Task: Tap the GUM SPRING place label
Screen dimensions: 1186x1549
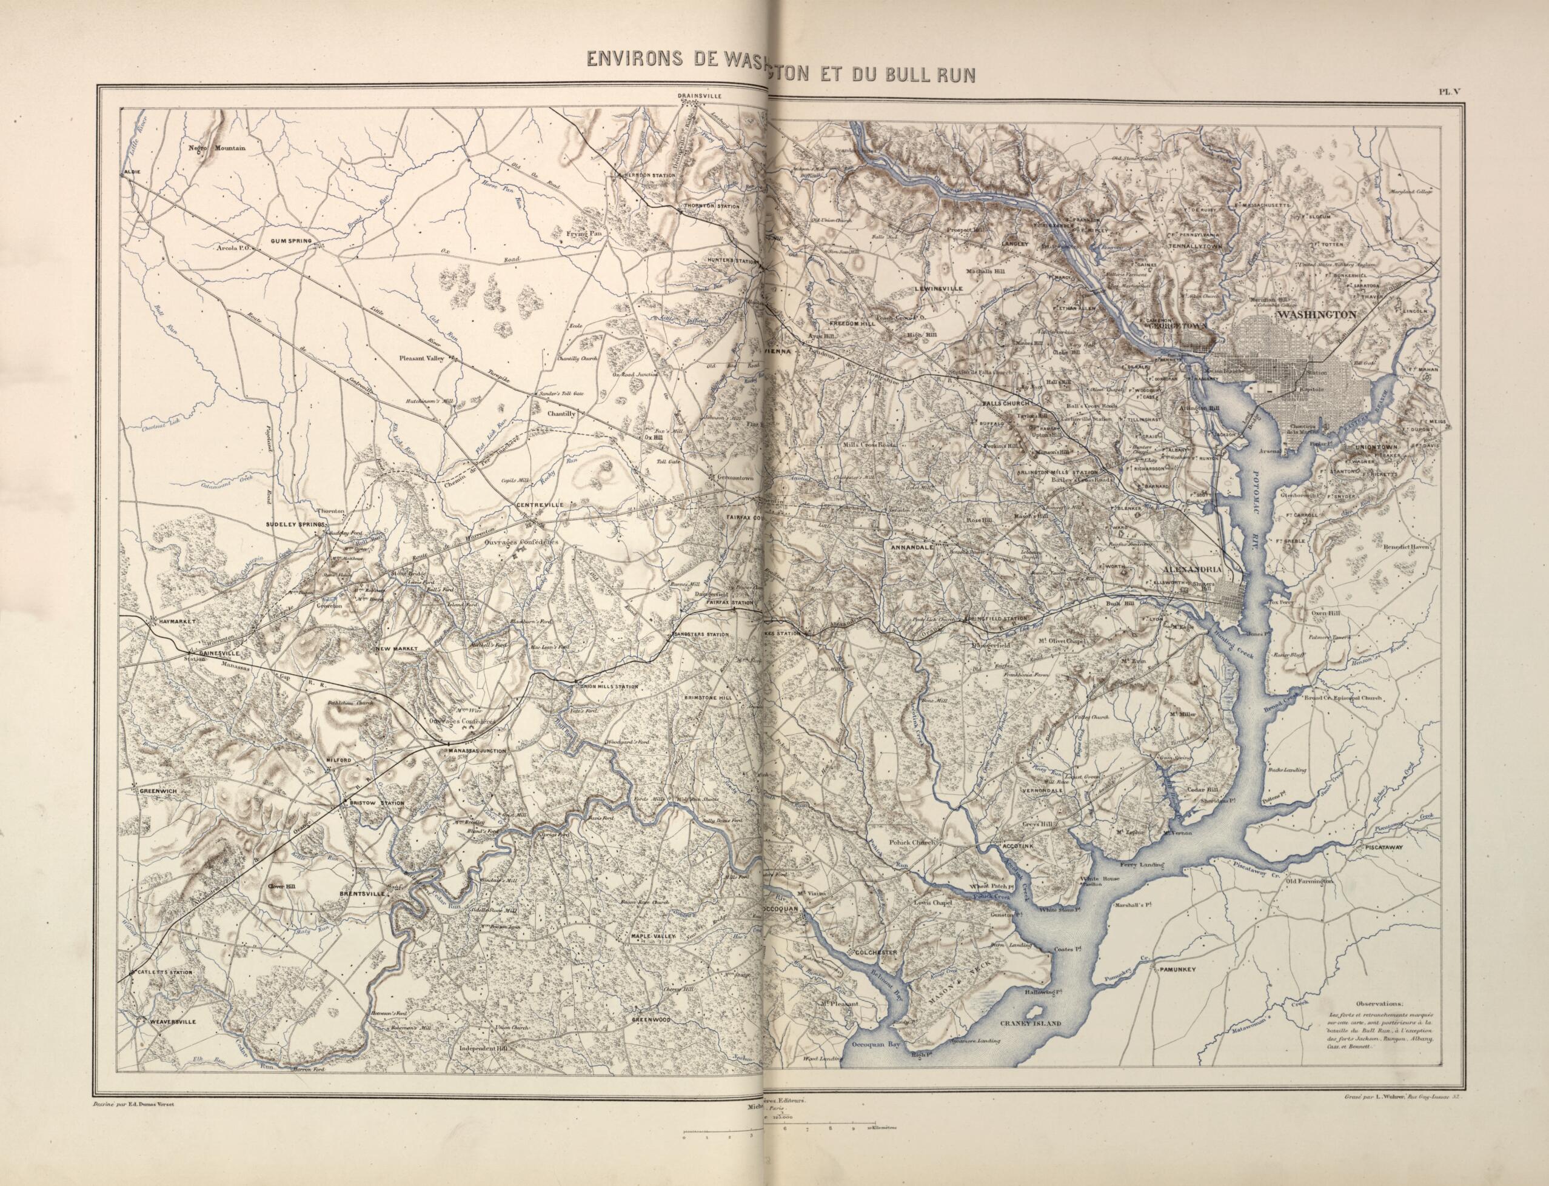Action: click(x=292, y=241)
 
